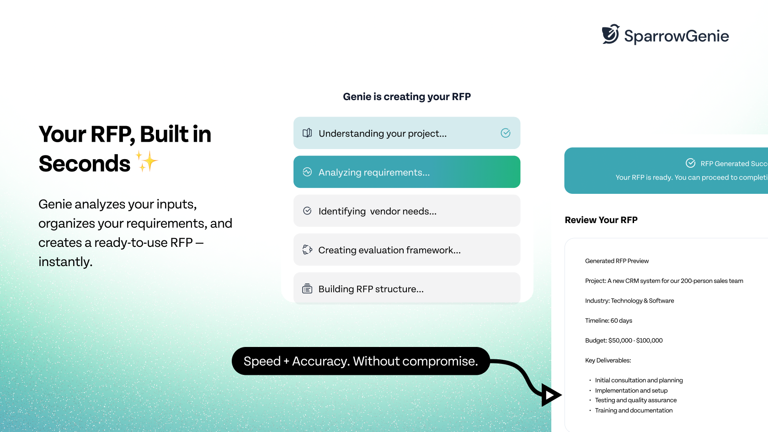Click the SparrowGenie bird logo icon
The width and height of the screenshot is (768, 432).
click(x=611, y=34)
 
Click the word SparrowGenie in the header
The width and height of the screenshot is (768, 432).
click(x=676, y=36)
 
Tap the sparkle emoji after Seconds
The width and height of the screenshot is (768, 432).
click(x=147, y=162)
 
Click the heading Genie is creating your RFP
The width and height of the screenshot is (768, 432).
click(x=406, y=96)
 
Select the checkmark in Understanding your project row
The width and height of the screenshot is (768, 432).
click(x=505, y=133)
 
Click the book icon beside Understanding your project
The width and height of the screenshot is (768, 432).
click(x=307, y=133)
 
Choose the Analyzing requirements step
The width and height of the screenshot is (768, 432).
click(x=406, y=172)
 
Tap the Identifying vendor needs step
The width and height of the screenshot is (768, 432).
click(x=406, y=211)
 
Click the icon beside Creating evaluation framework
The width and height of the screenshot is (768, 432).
click(x=307, y=250)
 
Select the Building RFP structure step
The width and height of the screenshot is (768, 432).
click(x=406, y=288)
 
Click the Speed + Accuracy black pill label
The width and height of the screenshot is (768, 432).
click(x=360, y=361)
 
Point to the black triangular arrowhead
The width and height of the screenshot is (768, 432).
click(x=550, y=395)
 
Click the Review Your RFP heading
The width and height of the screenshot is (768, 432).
click(x=601, y=220)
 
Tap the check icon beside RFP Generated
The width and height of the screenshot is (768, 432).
click(x=690, y=163)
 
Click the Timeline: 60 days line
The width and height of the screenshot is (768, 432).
click(x=608, y=320)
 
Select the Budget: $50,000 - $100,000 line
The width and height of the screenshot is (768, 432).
click(x=624, y=341)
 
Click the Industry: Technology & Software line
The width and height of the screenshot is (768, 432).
click(x=629, y=301)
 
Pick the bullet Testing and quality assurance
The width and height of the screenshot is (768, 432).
click(x=635, y=400)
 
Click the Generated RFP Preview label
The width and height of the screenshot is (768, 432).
click(x=617, y=261)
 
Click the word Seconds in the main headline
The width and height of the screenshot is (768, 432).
click(x=85, y=164)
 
